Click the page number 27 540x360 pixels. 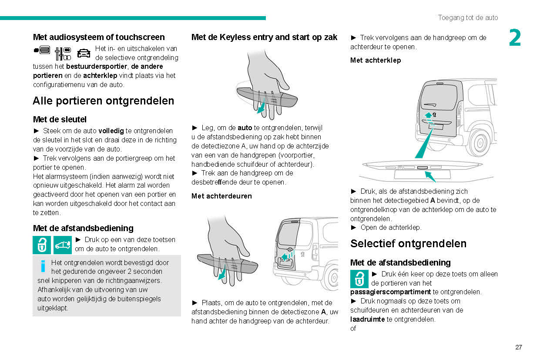click(x=518, y=347)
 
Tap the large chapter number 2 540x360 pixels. click(x=515, y=38)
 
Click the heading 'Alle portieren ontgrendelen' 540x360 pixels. click(x=103, y=101)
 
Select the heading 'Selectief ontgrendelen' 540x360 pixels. click(x=408, y=243)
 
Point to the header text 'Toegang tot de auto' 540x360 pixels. click(x=468, y=18)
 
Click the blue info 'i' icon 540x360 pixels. click(x=43, y=265)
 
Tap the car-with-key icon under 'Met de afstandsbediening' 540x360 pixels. click(x=63, y=245)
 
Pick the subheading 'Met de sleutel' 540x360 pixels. click(x=60, y=119)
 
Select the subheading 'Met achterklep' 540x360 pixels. click(x=376, y=60)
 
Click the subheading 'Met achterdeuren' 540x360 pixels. click(x=221, y=196)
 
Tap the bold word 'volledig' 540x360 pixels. click(x=111, y=131)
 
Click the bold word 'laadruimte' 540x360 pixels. click(x=367, y=319)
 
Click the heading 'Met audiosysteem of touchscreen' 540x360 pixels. click(x=99, y=37)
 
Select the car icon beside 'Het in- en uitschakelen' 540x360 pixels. click(x=83, y=53)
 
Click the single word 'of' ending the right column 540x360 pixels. click(x=353, y=328)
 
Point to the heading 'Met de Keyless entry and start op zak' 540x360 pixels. click(x=264, y=37)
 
